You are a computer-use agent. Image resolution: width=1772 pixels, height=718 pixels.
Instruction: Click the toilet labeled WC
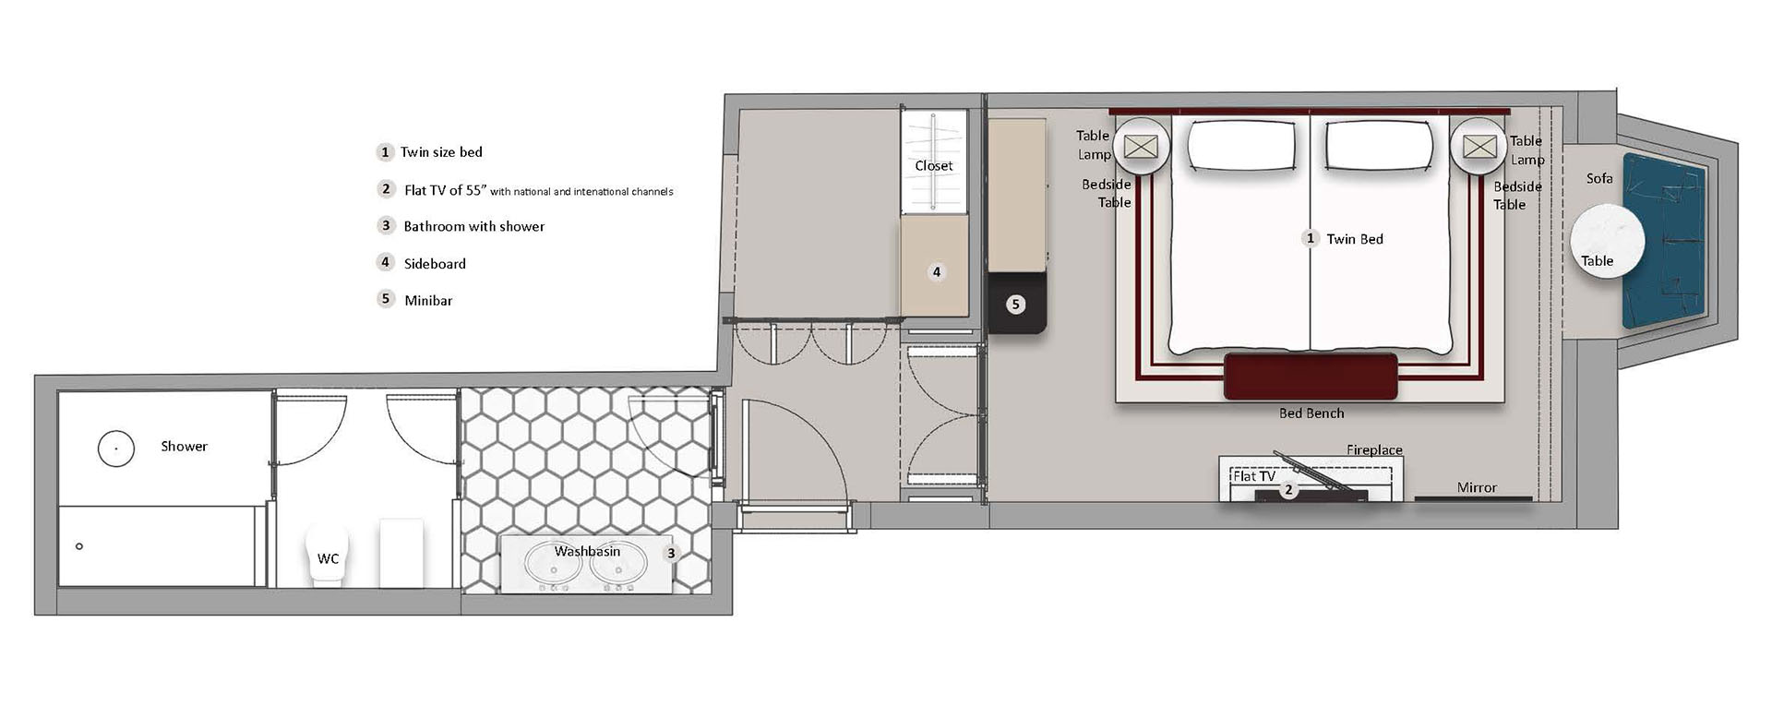(327, 556)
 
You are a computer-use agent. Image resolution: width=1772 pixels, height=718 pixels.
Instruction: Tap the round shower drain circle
(116, 449)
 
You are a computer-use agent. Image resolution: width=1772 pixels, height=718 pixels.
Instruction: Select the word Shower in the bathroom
(184, 447)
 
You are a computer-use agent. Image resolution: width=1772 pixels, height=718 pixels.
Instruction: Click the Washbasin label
(587, 551)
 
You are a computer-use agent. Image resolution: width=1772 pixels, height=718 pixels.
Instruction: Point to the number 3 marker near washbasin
(671, 554)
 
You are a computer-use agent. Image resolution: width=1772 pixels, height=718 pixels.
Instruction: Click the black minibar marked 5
(1016, 303)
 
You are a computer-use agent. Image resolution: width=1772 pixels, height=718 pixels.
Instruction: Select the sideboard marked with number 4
(935, 268)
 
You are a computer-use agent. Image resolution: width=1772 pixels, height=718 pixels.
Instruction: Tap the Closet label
(933, 166)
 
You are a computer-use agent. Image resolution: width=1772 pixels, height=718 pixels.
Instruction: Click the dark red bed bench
(1311, 377)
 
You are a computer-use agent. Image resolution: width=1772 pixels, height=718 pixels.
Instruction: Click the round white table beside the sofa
(1607, 242)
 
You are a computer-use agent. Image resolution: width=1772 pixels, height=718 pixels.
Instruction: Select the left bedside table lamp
(1142, 147)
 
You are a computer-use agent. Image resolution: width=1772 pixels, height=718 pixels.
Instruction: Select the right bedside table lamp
(1479, 147)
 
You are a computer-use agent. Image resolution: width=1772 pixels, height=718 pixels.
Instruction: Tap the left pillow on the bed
(1241, 146)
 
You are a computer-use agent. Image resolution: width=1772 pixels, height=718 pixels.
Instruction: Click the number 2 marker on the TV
(1289, 490)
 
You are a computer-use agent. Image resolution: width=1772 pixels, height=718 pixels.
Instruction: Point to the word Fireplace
(1374, 450)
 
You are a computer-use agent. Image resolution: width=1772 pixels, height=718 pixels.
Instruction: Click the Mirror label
(1477, 487)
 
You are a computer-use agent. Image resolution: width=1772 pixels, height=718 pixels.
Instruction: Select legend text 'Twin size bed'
(441, 152)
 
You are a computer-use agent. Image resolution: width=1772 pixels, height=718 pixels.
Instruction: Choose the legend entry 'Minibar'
(428, 300)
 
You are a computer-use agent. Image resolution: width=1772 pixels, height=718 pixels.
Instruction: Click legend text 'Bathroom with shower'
(474, 226)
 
